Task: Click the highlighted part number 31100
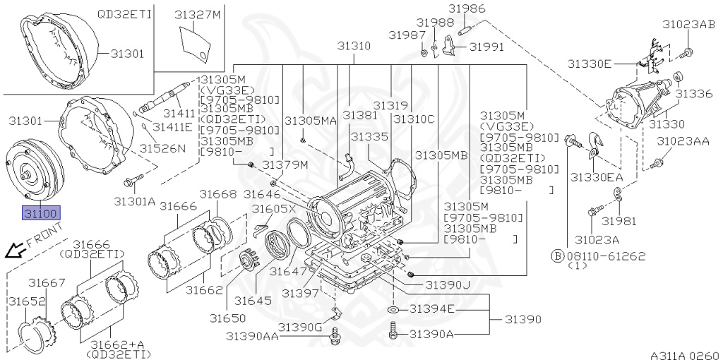42,212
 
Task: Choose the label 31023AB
688,24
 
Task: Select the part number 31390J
447,284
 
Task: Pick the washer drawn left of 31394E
394,310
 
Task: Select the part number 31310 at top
353,46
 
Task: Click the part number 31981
619,221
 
